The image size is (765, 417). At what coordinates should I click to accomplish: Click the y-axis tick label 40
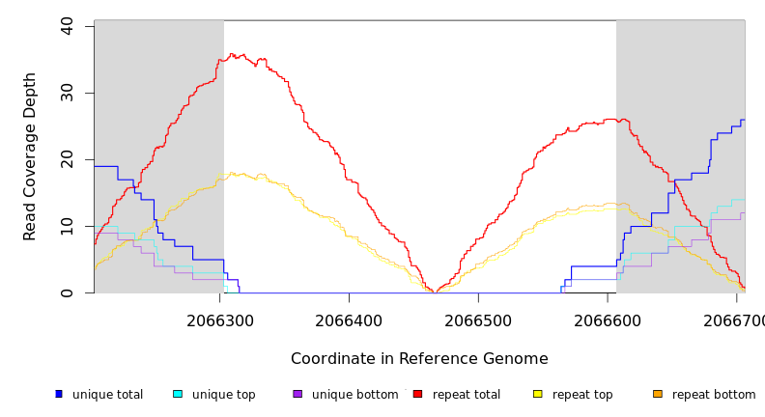tap(67, 26)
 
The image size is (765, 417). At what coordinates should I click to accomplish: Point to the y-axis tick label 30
tap(67, 93)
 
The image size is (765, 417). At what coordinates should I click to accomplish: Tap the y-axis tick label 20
tap(67, 159)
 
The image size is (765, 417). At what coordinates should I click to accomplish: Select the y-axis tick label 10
tap(67, 226)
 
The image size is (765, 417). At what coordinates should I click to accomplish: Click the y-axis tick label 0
tap(67, 292)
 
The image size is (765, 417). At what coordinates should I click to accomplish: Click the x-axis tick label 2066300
tap(220, 320)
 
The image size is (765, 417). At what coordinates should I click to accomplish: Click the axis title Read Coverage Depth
tap(30, 156)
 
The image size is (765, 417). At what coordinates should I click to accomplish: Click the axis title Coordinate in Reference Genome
tap(419, 359)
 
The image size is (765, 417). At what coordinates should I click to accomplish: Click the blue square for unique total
tap(59, 394)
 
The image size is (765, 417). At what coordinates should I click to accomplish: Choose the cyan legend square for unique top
tap(178, 394)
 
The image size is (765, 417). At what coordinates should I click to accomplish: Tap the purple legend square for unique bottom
tap(297, 394)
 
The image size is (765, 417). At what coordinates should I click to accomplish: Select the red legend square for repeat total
tap(417, 394)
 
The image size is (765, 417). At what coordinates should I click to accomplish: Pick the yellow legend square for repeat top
tap(537, 394)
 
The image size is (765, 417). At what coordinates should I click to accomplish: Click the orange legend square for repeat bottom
tap(658, 394)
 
